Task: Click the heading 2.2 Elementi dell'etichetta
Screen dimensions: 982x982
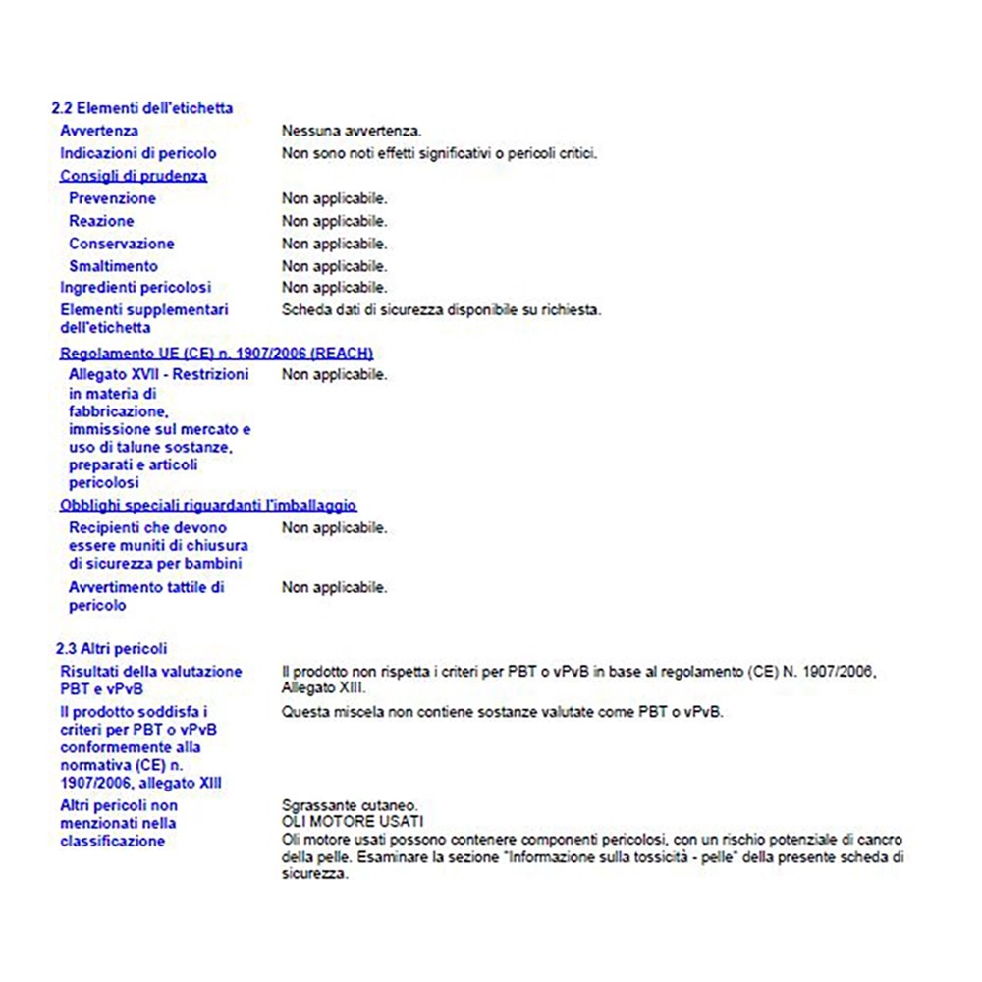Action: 142,108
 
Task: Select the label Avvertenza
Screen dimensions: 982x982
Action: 99,131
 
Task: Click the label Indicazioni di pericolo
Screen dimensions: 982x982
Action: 138,153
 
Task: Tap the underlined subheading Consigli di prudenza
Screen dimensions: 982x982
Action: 134,176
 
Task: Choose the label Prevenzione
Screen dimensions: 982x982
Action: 112,198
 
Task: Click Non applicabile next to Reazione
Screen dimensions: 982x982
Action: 334,221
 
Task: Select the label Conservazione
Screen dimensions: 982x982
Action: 122,244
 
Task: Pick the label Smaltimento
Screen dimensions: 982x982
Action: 113,266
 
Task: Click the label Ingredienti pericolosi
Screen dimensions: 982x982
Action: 136,288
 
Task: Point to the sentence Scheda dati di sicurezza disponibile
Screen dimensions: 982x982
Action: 441,310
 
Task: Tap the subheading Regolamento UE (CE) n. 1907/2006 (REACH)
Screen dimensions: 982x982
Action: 216,353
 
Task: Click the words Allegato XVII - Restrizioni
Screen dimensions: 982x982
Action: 159,374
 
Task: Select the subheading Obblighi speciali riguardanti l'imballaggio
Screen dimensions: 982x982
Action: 208,505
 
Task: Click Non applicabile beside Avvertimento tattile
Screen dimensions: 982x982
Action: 334,588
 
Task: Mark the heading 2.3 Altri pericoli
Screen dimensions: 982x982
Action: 111,649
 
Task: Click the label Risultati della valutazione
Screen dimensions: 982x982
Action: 151,672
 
